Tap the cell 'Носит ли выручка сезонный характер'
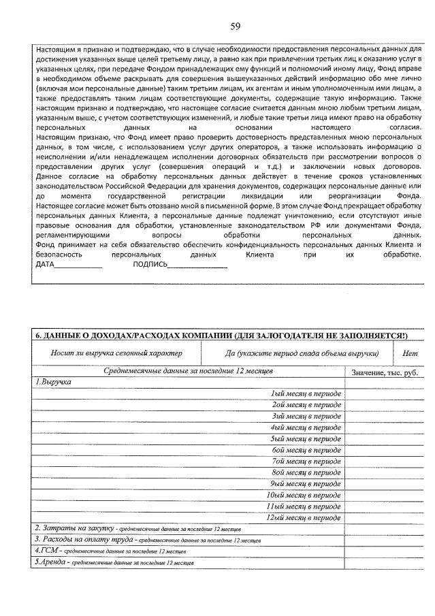117,353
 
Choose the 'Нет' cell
410,353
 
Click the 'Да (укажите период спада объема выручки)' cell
302,353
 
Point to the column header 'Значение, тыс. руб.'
384,373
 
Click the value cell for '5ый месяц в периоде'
385,439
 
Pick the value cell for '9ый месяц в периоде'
385,483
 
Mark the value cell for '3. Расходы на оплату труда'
385,540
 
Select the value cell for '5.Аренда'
385,563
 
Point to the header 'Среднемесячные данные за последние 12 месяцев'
188,372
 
